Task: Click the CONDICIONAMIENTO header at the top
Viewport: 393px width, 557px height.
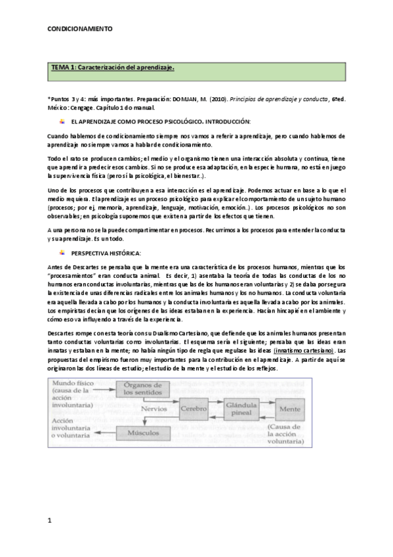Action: pyautogui.click(x=80, y=29)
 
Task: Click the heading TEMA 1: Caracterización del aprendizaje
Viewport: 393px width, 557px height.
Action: pyautogui.click(x=113, y=67)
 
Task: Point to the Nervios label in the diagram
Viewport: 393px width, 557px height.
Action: pyautogui.click(x=152, y=407)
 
